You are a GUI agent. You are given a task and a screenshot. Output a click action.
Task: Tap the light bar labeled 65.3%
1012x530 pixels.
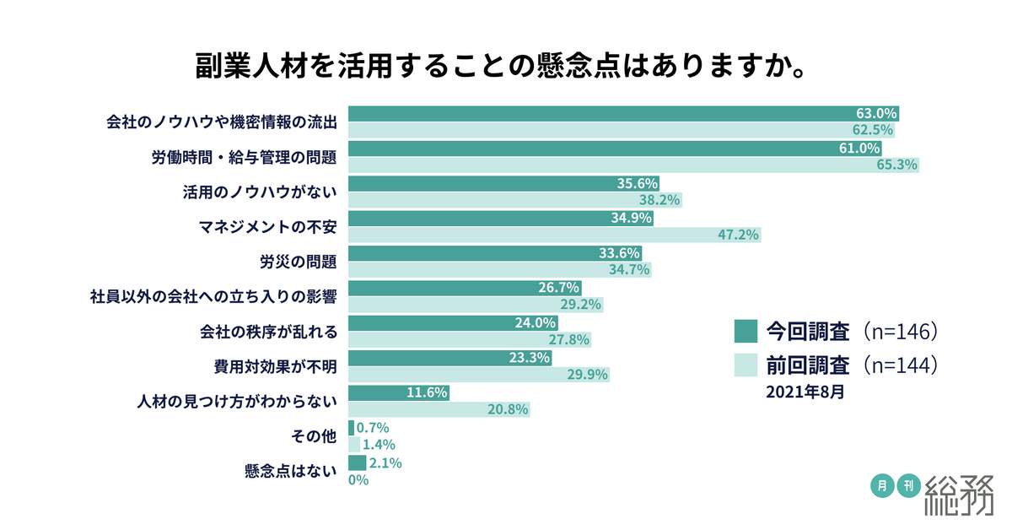(x=632, y=165)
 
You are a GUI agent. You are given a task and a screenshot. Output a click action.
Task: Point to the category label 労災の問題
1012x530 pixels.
(x=298, y=262)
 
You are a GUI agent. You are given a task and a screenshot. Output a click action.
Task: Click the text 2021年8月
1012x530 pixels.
(x=805, y=392)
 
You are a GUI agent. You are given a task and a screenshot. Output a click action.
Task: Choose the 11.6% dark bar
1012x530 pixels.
(x=398, y=392)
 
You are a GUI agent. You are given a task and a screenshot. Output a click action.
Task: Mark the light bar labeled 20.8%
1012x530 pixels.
(x=439, y=409)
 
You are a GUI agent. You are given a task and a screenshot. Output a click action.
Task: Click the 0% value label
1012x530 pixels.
(x=358, y=479)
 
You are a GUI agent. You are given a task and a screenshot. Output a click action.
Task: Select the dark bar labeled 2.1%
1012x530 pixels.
(x=357, y=462)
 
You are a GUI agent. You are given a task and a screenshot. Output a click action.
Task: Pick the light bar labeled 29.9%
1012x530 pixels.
(x=478, y=375)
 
